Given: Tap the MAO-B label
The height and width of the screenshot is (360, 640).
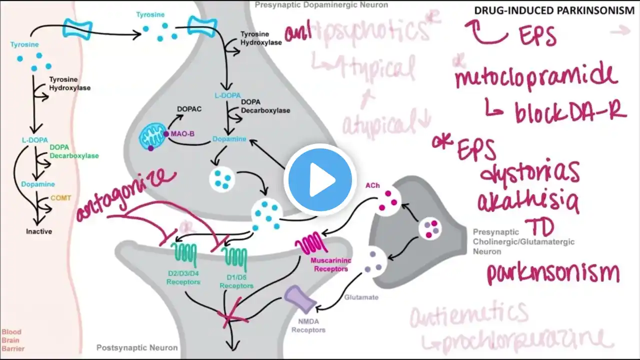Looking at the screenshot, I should click(182, 134).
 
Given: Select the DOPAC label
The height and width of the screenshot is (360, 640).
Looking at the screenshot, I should click(189, 109).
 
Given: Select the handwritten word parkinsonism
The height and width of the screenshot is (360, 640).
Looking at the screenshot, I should click(552, 273).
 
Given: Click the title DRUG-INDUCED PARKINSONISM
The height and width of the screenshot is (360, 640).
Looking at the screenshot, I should click(554, 10).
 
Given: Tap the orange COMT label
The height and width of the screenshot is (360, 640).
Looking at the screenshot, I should click(61, 198).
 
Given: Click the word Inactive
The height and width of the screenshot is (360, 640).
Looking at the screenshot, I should click(39, 231).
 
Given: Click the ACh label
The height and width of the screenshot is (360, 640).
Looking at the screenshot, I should click(372, 185).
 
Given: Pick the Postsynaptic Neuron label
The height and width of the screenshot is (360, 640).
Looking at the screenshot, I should click(136, 347).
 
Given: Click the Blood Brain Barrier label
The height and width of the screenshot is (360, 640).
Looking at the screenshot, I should click(12, 340).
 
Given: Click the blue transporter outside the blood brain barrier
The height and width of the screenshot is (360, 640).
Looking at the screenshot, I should click(77, 28).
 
